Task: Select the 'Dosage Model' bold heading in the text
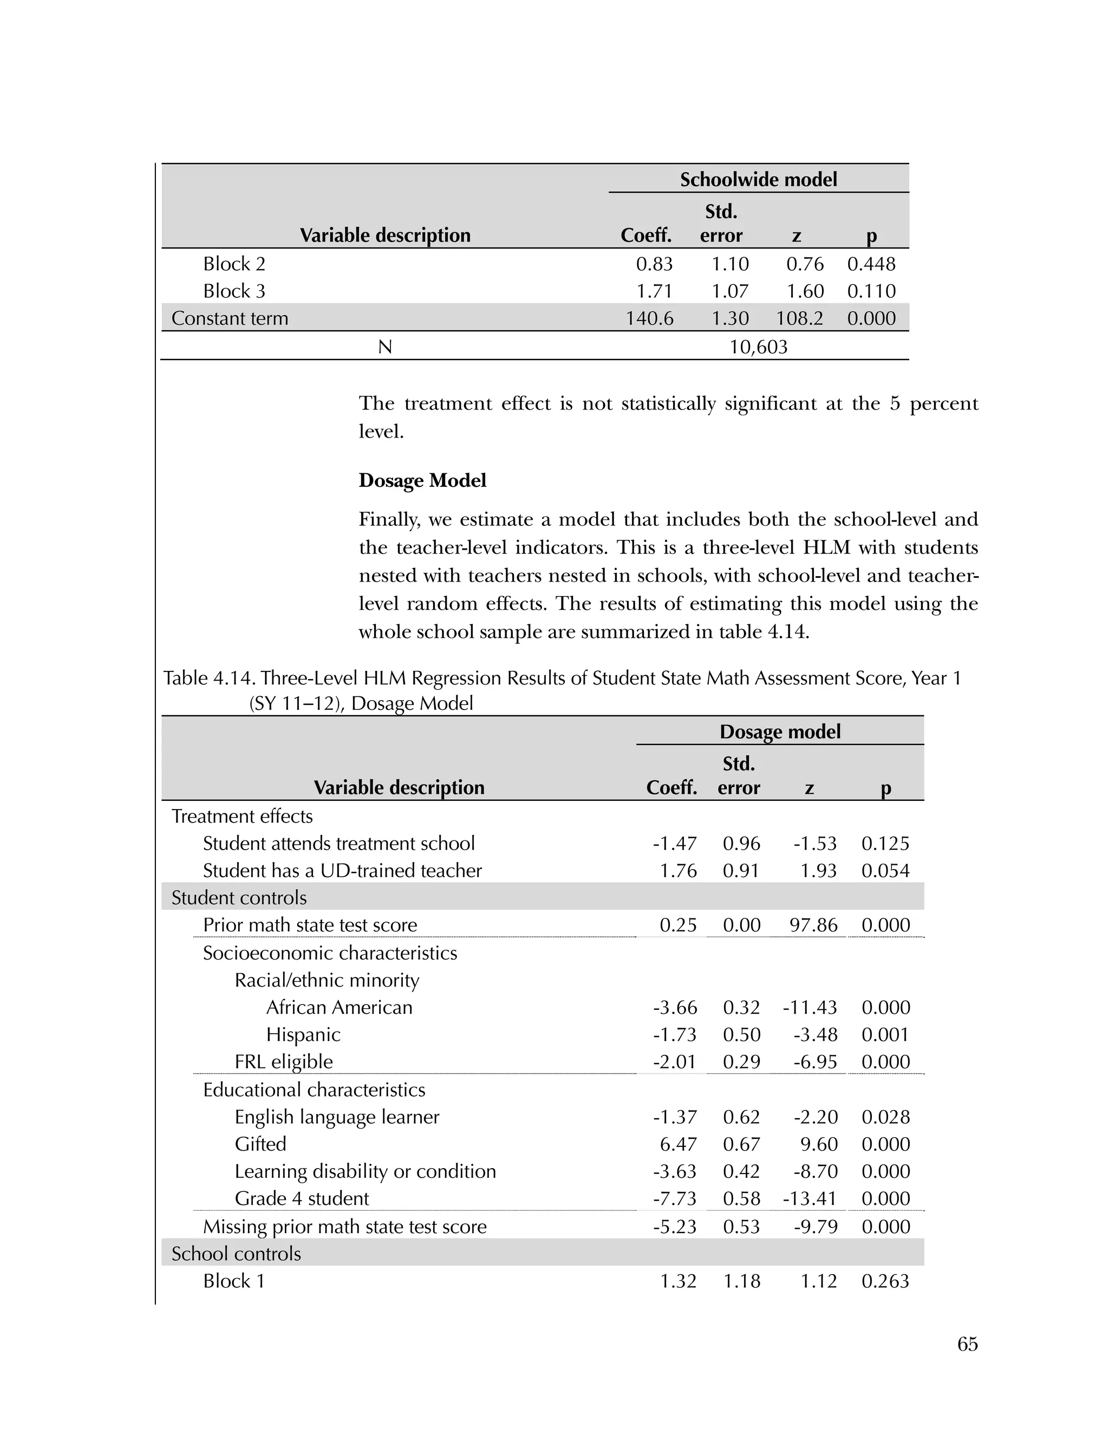(x=422, y=480)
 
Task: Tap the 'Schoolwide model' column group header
(x=758, y=179)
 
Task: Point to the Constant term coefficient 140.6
(x=649, y=318)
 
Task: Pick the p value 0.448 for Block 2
(x=871, y=264)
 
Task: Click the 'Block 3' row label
(x=234, y=291)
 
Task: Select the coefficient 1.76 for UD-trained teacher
(x=678, y=871)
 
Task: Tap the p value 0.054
(x=885, y=871)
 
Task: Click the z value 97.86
(x=813, y=925)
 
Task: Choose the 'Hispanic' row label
(x=303, y=1034)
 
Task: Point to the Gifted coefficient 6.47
(x=678, y=1144)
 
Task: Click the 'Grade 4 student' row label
(x=302, y=1198)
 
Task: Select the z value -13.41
(x=810, y=1198)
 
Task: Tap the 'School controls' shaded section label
(x=236, y=1254)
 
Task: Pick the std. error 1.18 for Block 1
(x=741, y=1281)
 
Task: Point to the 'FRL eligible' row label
(x=283, y=1062)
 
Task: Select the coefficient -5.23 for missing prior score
(x=674, y=1227)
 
